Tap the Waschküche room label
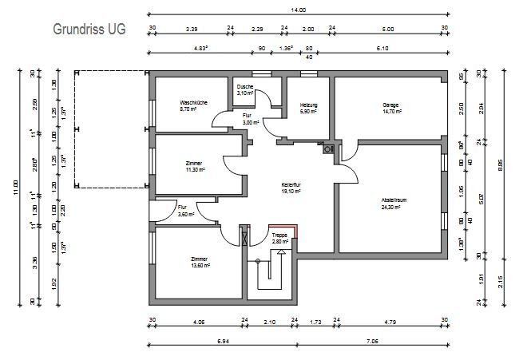(193, 103)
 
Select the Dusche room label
(245, 86)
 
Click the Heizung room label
(309, 105)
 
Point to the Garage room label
(390, 105)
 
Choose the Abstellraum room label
(394, 201)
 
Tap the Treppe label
(279, 235)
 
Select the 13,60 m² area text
(199, 266)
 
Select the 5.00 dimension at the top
(389, 29)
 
